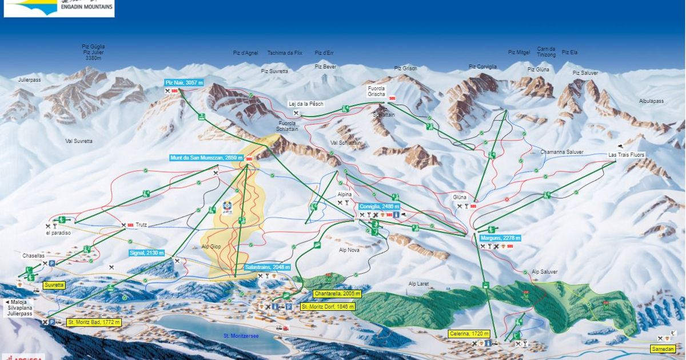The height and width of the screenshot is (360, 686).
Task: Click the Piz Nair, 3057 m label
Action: coord(184,83)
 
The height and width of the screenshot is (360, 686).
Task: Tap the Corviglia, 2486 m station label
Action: coord(380,206)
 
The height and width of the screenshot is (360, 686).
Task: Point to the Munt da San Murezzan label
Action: coord(203,158)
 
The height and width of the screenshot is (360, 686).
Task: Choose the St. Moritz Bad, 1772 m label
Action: coord(94,322)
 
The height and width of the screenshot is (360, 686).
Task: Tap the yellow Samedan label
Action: coord(663,349)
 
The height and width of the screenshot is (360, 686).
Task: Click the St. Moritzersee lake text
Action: coord(241,336)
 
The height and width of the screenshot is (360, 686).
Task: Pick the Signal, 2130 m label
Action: coord(147,253)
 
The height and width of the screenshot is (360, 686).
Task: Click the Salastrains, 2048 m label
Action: coord(268,267)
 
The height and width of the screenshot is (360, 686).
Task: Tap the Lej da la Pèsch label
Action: coord(306,103)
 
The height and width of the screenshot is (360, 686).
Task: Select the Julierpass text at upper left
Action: coord(29,80)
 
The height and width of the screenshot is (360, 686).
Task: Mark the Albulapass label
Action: coord(651,101)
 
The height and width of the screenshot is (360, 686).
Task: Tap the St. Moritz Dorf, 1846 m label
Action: coord(328,307)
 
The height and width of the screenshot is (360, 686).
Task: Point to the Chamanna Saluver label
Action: coord(562,152)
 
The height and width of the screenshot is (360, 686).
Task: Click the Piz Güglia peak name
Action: coord(94,47)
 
